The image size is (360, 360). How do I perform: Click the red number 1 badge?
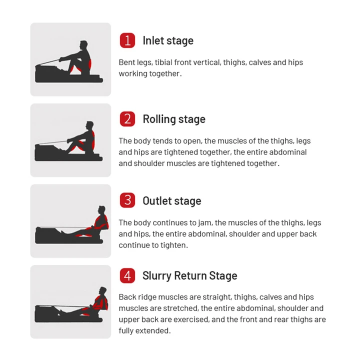pyautogui.click(x=127, y=40)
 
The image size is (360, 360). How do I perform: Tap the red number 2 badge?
pyautogui.click(x=127, y=119)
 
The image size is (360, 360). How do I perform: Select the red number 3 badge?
pyautogui.click(x=127, y=200)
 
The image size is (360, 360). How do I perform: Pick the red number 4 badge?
pyautogui.click(x=127, y=275)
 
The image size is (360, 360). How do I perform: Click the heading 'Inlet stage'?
pyautogui.click(x=168, y=40)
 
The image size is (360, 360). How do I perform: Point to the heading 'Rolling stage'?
pyautogui.click(x=174, y=119)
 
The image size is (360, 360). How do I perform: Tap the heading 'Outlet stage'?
pyautogui.click(x=172, y=201)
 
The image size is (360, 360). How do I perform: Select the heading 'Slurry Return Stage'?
pyautogui.click(x=190, y=275)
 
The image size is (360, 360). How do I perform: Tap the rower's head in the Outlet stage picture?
pyautogui.click(x=102, y=209)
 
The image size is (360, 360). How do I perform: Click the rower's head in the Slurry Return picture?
pyautogui.click(x=103, y=290)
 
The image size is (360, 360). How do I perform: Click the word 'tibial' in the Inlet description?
pyautogui.click(x=165, y=62)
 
